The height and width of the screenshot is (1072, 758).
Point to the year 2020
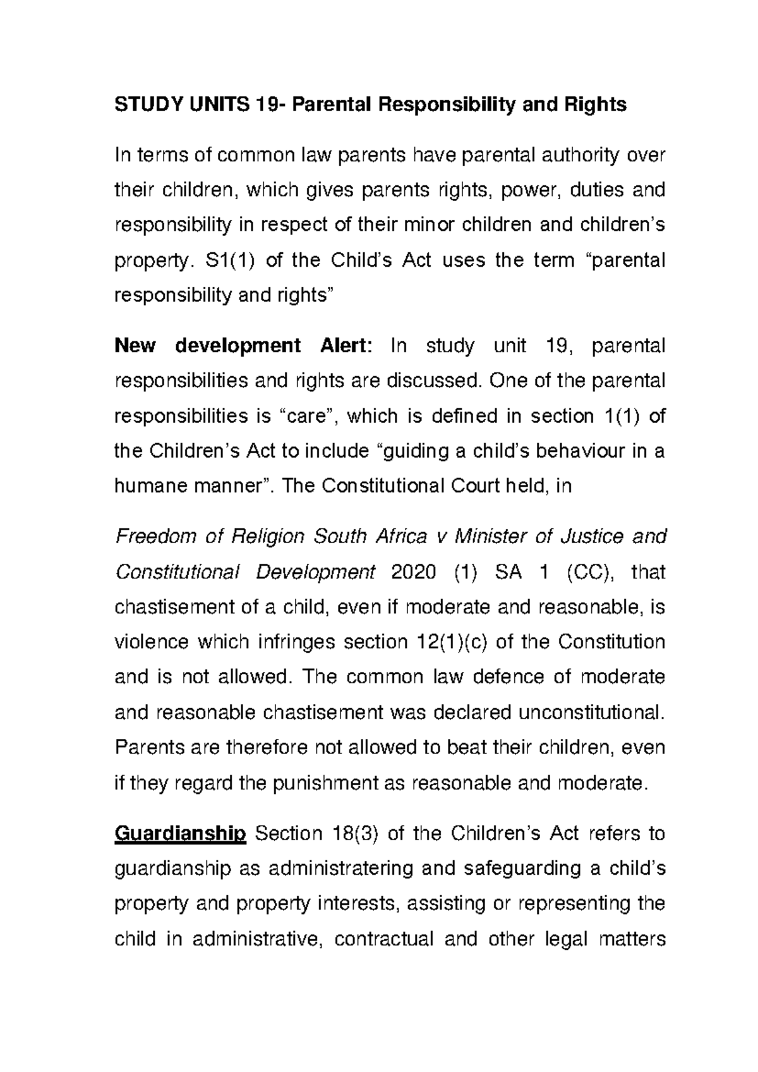414,572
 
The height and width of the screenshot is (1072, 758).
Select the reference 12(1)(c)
451,642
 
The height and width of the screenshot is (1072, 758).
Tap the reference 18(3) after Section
353,834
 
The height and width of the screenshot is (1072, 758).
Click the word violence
152,642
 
